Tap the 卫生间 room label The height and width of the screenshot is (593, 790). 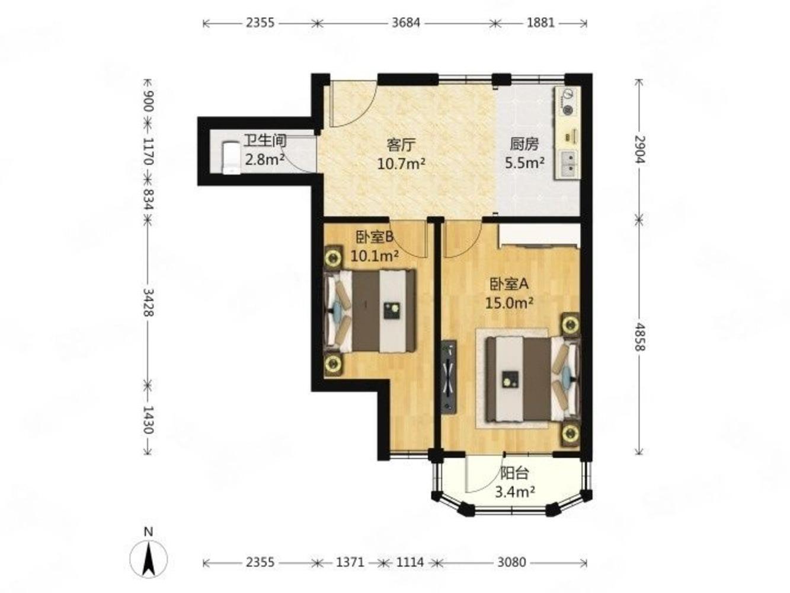[x=265, y=141]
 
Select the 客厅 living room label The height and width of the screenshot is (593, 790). [x=401, y=145]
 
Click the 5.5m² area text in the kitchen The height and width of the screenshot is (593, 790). [x=524, y=162]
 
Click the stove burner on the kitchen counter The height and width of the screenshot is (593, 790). [x=568, y=110]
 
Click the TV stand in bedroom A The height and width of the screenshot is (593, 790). [x=449, y=375]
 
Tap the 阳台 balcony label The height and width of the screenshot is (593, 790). [x=514, y=473]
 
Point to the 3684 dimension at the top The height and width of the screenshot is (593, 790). [x=406, y=23]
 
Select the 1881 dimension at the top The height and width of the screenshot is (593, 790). [x=540, y=23]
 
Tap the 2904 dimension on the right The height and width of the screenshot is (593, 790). [x=638, y=151]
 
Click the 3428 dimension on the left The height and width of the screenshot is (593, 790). [x=148, y=302]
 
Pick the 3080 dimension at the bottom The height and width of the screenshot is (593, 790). [x=511, y=562]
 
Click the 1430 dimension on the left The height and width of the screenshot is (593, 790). [x=148, y=419]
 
